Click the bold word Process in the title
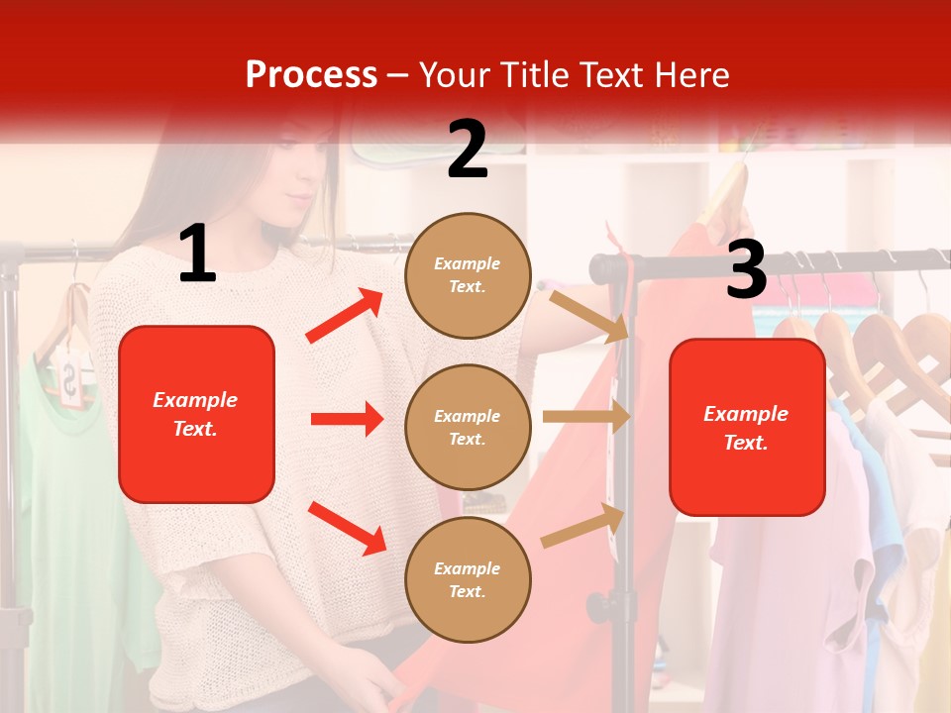pos(311,74)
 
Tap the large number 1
pos(197,255)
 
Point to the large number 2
pos(468,150)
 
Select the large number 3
pos(746,269)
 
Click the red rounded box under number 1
pos(196,414)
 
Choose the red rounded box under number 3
pos(747,427)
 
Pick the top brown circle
pos(468,274)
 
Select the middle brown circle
pos(468,427)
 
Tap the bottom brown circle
pos(468,579)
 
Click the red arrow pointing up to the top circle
pos(345,316)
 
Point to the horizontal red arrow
pos(347,419)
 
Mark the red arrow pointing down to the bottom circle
pos(347,528)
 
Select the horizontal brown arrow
pos(586,417)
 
